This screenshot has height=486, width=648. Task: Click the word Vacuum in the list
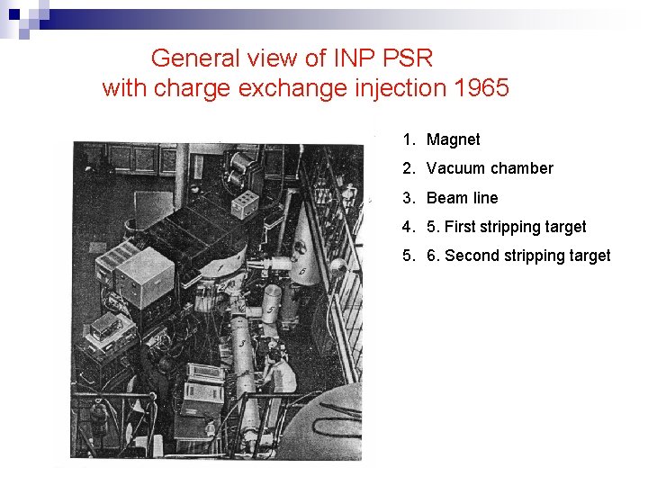pyautogui.click(x=457, y=168)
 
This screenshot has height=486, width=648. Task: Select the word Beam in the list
pyautogui.click(x=447, y=198)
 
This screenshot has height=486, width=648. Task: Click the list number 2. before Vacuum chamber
pyautogui.click(x=409, y=168)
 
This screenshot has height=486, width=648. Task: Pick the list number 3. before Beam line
pyautogui.click(x=409, y=198)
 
